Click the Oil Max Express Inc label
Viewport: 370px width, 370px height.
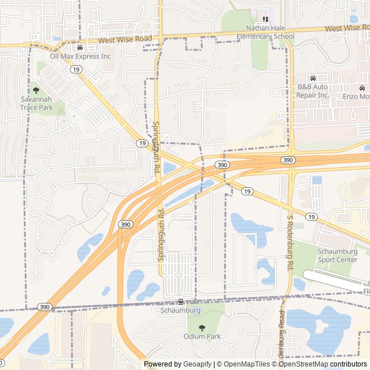click(x=80, y=57)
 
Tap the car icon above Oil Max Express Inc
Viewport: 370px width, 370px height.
click(x=80, y=48)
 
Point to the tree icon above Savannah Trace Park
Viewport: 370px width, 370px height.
click(x=36, y=90)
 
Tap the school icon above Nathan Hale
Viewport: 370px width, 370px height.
click(x=266, y=19)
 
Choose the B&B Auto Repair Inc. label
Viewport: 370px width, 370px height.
click(x=312, y=91)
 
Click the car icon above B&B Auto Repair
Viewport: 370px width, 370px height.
click(x=312, y=79)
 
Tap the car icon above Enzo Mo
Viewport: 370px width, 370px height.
click(x=362, y=88)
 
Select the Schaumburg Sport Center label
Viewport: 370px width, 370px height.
click(x=338, y=256)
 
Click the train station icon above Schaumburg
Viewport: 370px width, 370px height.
click(x=180, y=302)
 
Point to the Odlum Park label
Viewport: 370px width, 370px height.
click(x=202, y=336)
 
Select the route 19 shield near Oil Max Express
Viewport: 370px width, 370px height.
click(x=76, y=69)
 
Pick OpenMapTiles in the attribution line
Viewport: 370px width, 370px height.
click(x=246, y=364)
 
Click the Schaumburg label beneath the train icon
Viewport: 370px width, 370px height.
click(x=180, y=310)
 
